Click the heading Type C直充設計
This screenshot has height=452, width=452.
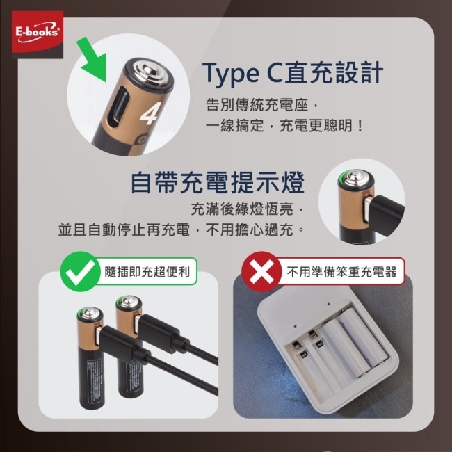pyautogui.click(x=292, y=72)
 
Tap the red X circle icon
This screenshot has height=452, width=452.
pyautogui.click(x=261, y=271)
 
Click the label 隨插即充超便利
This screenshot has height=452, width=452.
pyautogui.click(x=147, y=271)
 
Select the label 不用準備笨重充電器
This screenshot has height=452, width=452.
pyautogui.click(x=341, y=271)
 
